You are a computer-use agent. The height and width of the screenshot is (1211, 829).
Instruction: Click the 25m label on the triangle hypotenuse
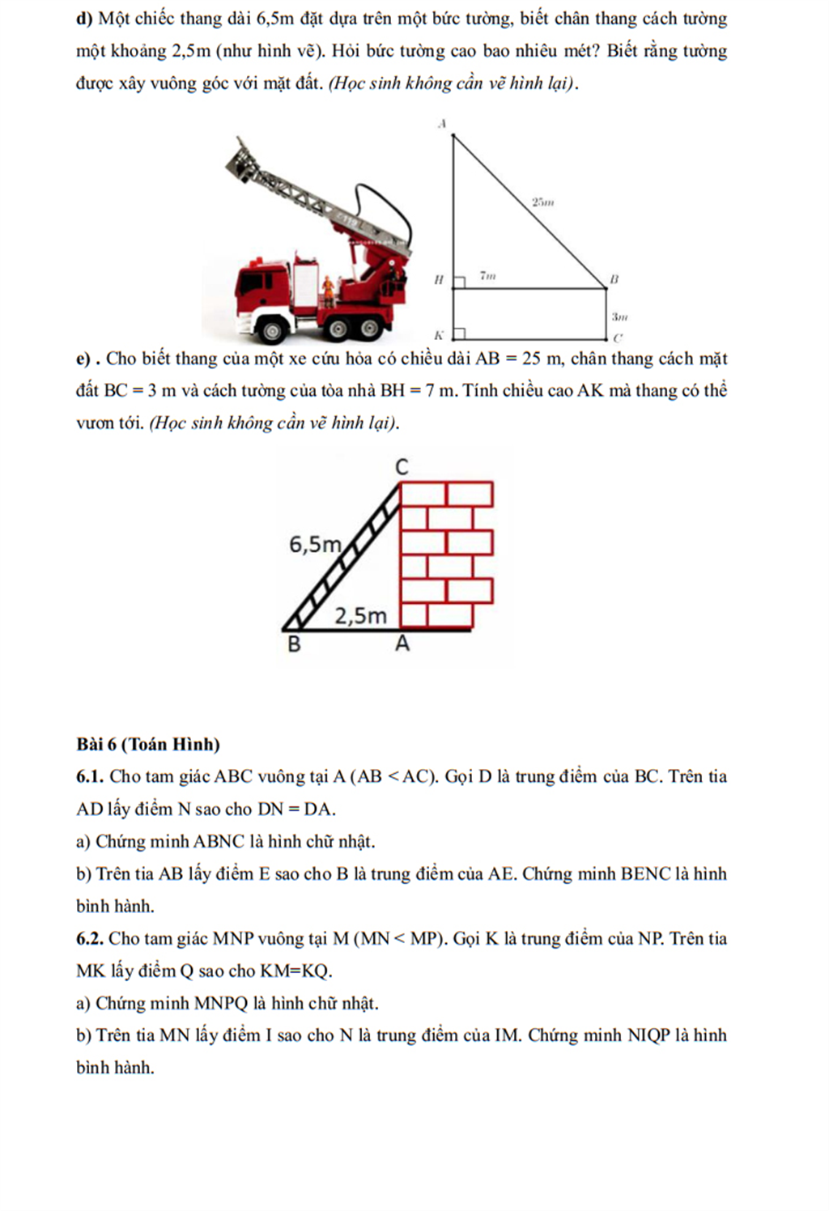(542, 202)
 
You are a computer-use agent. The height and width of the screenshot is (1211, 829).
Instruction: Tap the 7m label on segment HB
(487, 276)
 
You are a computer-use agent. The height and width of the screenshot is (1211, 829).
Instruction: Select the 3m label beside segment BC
(619, 317)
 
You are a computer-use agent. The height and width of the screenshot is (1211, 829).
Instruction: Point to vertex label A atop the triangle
(442, 124)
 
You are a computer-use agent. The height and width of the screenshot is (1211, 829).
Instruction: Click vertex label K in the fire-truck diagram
(439, 334)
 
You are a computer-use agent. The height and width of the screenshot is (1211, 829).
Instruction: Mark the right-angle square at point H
(459, 281)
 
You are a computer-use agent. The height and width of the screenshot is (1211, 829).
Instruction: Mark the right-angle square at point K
(459, 334)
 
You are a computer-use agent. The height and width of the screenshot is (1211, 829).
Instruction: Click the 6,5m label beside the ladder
(315, 545)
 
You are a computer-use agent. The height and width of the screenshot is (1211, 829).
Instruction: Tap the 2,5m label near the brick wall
(361, 616)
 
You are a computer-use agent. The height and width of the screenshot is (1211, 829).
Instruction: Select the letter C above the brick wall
(402, 467)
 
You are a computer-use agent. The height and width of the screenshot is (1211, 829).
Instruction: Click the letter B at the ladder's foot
(295, 645)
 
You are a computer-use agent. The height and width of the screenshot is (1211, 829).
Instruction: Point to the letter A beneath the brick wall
(402, 644)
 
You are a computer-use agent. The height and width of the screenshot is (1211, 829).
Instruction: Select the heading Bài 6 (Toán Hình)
(148, 744)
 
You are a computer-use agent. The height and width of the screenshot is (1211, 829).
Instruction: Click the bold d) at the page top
(84, 19)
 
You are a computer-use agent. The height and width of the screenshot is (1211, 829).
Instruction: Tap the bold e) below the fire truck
(84, 359)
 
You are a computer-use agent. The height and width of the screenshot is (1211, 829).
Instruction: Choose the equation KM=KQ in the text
(295, 971)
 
